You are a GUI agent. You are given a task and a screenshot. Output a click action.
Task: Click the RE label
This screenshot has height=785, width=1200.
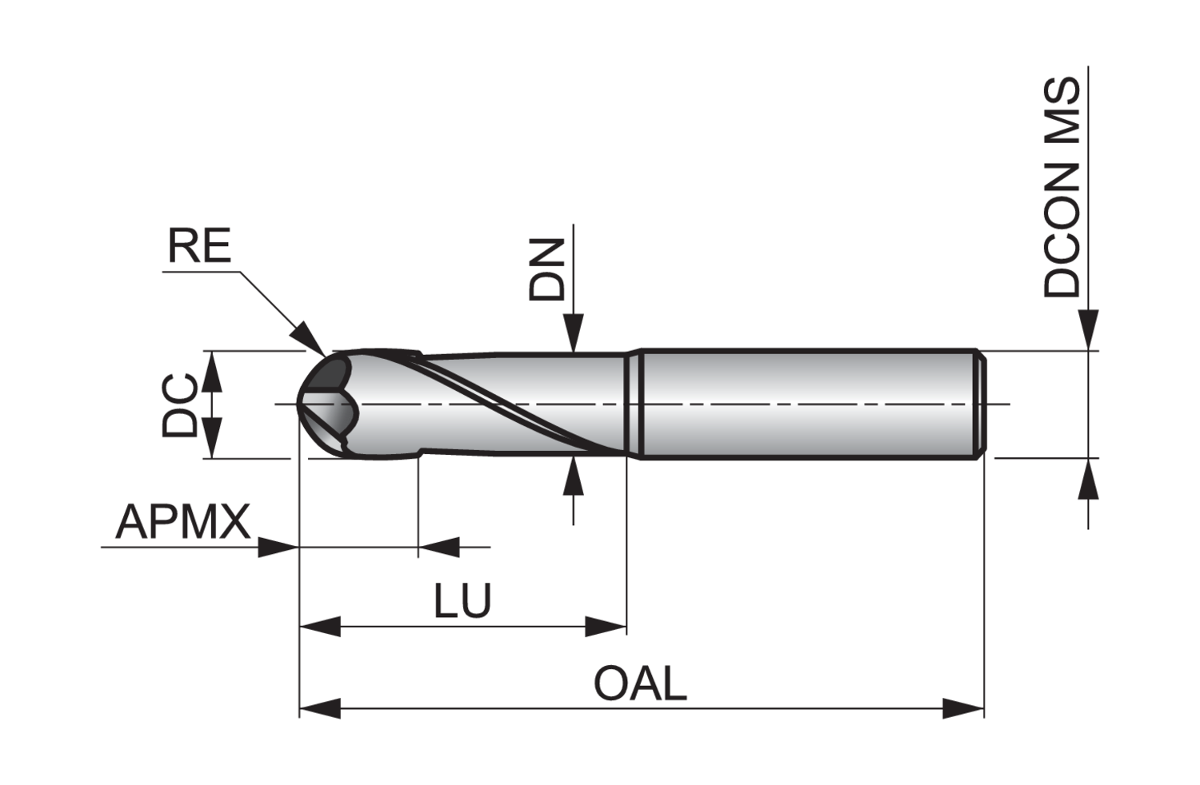(x=199, y=247)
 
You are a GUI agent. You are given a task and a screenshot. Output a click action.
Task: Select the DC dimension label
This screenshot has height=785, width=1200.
(x=180, y=404)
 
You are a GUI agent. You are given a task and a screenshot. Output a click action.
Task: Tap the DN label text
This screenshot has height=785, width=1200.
(x=547, y=271)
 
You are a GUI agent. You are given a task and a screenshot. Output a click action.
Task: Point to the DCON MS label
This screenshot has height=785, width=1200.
(x=1062, y=188)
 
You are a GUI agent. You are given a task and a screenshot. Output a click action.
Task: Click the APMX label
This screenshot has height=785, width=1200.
(x=183, y=524)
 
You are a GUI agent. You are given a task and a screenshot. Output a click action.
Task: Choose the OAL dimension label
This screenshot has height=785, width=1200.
(x=640, y=685)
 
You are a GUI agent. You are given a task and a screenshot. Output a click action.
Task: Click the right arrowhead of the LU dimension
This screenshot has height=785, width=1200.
(x=606, y=627)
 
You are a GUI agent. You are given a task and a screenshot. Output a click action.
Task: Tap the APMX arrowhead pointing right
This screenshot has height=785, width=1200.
(x=278, y=548)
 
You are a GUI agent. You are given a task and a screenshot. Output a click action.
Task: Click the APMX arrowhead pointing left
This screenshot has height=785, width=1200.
(x=438, y=548)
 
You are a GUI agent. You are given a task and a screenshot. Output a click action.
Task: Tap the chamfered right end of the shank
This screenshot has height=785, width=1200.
(x=981, y=404)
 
